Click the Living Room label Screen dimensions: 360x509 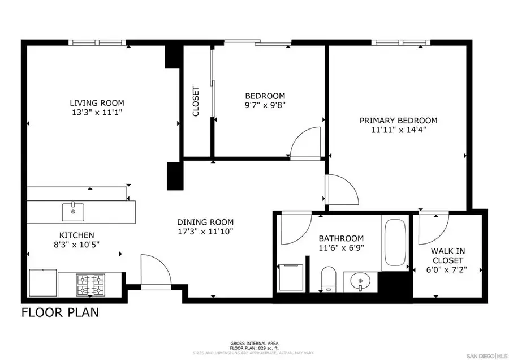97,102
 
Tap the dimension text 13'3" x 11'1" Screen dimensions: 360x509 97,112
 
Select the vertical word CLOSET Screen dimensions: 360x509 196,101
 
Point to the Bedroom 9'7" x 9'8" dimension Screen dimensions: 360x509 265,105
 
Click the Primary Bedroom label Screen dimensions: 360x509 399,120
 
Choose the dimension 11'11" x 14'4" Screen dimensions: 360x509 399,130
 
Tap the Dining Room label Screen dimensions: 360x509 205,222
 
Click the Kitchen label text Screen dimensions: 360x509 77,235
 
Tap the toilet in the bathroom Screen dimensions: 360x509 328,280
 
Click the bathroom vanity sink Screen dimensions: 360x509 359,279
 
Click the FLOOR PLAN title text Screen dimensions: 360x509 59,312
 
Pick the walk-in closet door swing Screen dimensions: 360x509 432,226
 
